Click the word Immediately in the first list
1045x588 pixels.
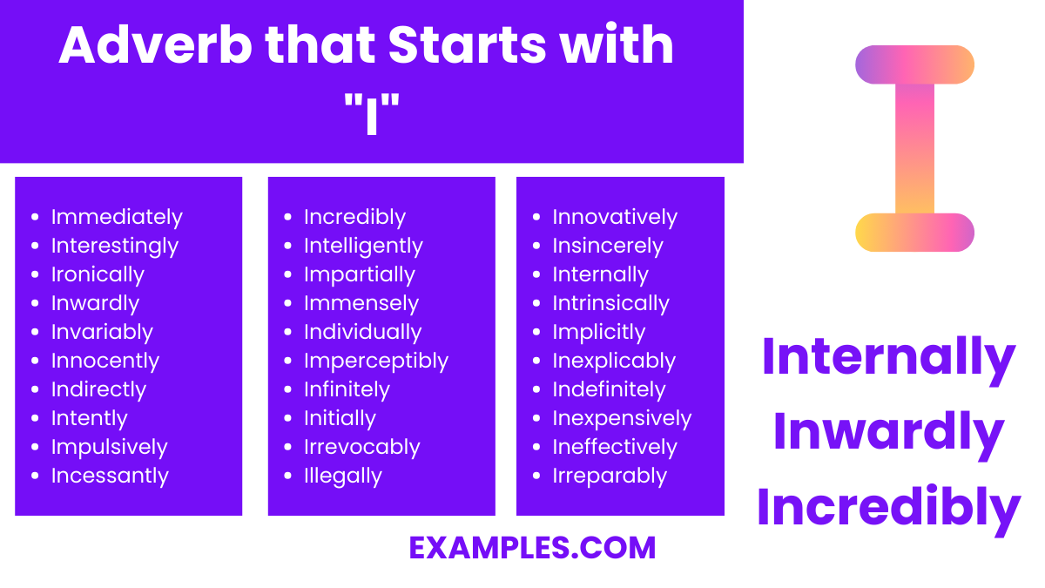pos(117,217)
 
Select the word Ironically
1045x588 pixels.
pos(98,274)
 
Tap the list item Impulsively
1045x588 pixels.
pos(109,447)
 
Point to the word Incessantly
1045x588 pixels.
pos(110,476)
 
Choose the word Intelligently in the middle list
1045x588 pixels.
pos(363,246)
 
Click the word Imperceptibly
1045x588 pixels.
pos(375,361)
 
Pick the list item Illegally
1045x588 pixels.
pos(342,476)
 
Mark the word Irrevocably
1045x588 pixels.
pos(361,447)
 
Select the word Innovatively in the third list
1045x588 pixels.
pos(615,217)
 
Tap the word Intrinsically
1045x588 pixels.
pos(610,303)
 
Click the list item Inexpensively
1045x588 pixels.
pos(622,418)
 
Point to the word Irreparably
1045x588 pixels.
pos(610,476)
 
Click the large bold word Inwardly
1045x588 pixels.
pos(888,433)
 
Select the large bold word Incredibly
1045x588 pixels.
pos(888,508)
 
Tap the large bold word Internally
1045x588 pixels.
pos(888,357)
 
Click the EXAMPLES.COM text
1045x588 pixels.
pos(532,548)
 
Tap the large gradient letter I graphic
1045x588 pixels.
pos(914,148)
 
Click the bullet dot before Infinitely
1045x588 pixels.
pos(291,390)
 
